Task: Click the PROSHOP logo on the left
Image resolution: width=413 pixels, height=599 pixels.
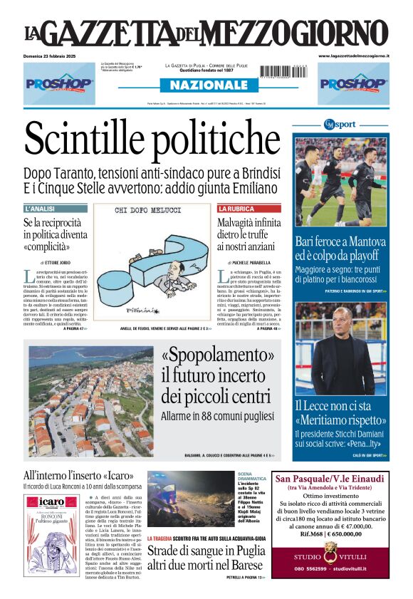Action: click(59, 83)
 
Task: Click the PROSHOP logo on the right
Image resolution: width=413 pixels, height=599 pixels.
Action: click(353, 83)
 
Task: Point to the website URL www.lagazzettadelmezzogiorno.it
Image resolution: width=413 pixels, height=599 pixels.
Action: click(353, 56)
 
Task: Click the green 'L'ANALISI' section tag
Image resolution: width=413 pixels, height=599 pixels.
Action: click(40, 209)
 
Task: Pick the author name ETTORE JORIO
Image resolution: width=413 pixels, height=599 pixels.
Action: click(59, 263)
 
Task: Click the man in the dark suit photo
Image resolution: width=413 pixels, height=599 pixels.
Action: click(341, 349)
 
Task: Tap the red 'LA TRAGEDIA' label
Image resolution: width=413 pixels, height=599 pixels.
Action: click(168, 538)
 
